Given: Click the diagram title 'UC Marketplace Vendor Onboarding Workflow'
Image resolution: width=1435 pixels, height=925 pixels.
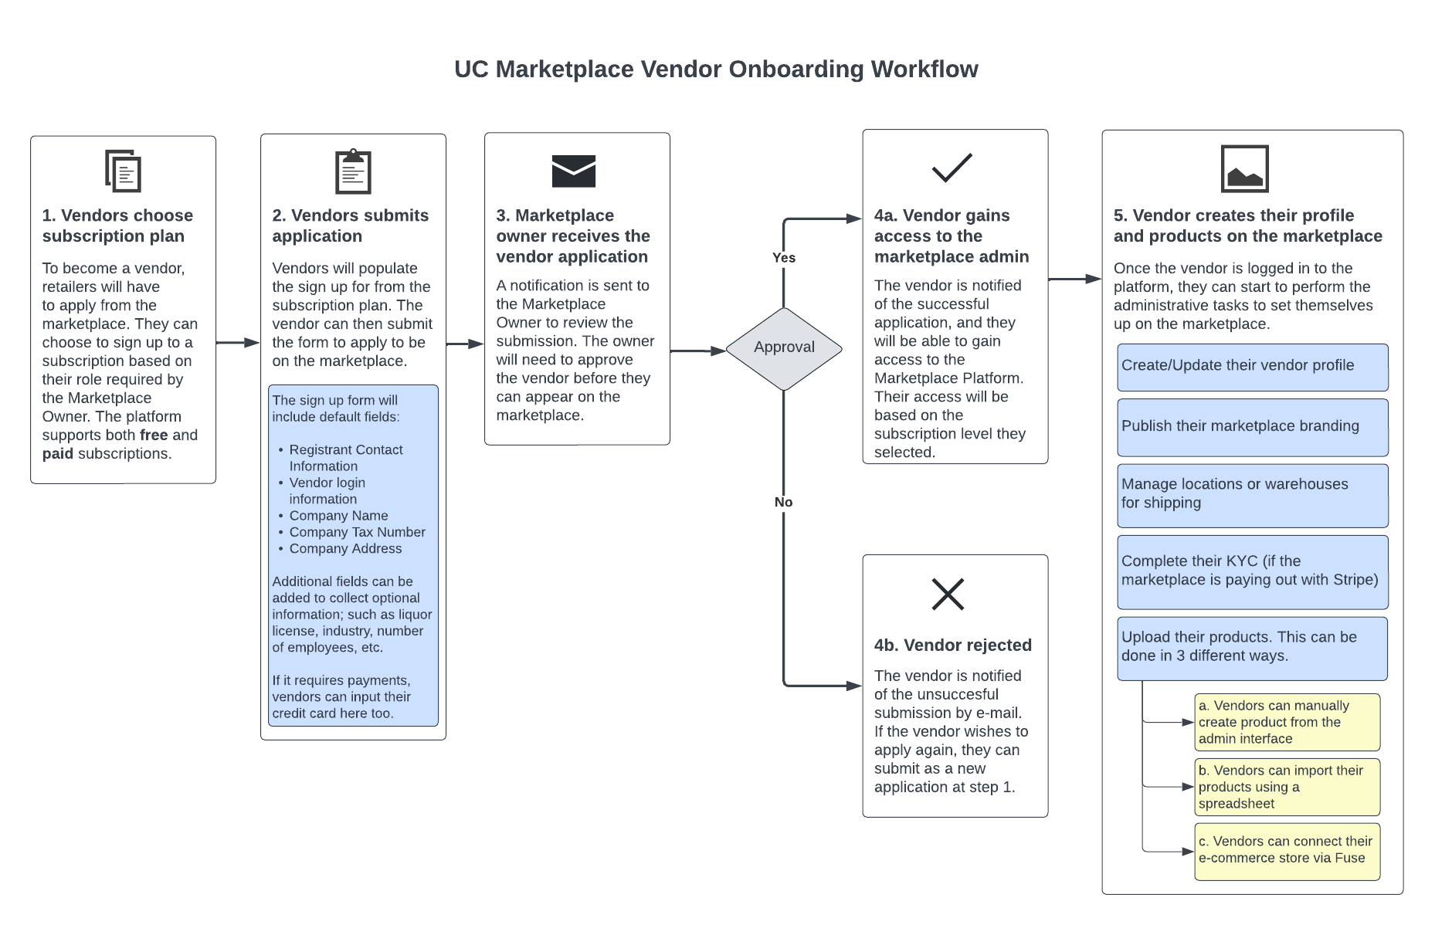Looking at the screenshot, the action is point(716,69).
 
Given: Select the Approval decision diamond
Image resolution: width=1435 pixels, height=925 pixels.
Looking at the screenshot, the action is point(784,349).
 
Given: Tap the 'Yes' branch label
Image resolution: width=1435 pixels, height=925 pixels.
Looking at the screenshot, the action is point(784,258).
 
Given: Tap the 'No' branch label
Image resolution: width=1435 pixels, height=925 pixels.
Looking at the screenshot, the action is point(784,502).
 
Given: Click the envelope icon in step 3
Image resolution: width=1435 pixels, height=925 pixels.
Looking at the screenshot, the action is point(574,171).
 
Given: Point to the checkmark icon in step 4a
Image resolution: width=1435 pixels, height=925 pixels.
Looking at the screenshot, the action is point(952,168).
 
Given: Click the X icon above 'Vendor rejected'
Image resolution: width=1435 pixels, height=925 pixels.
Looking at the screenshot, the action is point(948,594).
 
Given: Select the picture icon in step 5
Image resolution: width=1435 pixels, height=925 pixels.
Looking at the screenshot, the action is point(1245,168).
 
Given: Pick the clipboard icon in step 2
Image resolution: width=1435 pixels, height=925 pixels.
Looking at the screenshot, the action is point(353,171).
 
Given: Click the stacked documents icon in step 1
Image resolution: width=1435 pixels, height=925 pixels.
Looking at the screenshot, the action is point(124,171).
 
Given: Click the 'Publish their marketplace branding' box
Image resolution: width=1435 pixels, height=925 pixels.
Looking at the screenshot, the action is point(1253,428).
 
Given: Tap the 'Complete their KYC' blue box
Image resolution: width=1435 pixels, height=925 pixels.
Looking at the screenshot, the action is point(1253,572).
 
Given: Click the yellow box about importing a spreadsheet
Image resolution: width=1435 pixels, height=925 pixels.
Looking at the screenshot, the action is point(1287,787).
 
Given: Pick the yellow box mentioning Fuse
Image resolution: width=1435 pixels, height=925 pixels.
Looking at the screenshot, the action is point(1287,852).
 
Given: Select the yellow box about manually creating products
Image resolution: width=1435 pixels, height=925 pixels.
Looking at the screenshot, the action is point(1287,722).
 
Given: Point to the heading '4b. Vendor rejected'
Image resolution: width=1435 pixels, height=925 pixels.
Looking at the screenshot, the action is point(953,645).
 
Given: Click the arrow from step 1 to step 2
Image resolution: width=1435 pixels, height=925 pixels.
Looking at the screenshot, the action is point(238,342).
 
